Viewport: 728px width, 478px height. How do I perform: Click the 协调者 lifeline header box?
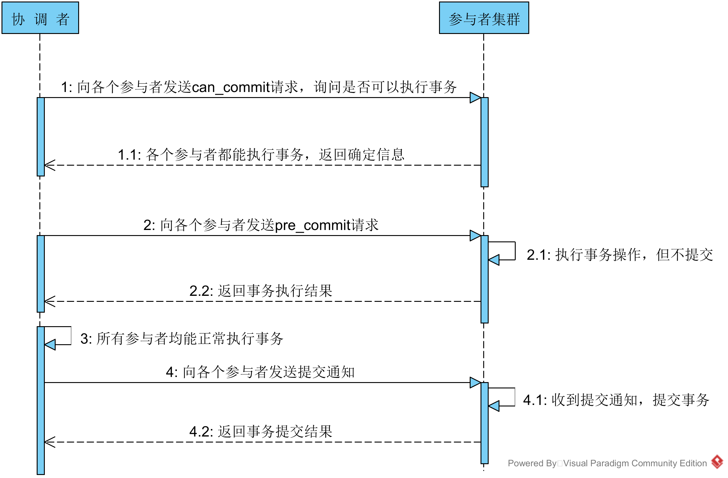tap(40, 18)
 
